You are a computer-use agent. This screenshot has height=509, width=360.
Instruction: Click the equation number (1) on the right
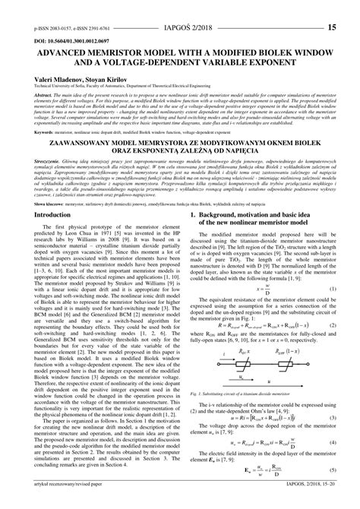[x=331, y=290]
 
